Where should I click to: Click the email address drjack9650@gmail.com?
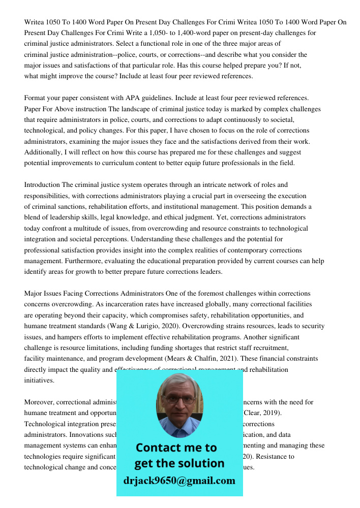coord(179,481)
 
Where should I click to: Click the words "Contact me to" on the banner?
coord(176,448)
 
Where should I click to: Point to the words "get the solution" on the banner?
coord(179,463)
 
